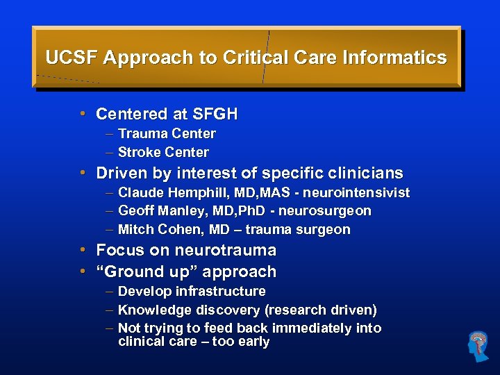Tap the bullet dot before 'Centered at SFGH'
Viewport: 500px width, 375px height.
(x=83, y=113)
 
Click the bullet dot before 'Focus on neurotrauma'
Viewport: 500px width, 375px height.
(x=83, y=249)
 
